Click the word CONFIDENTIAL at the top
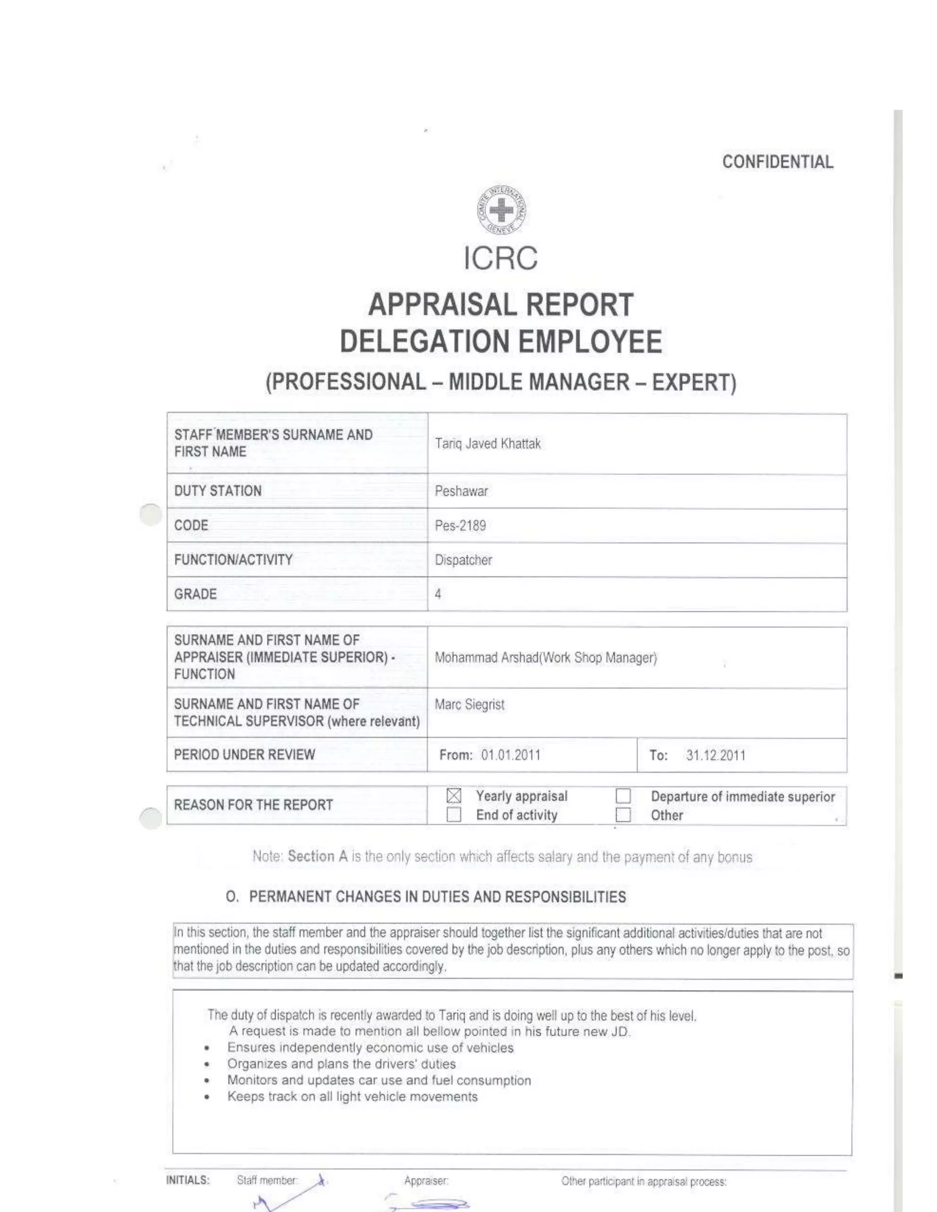(777, 162)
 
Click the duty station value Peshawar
(461, 491)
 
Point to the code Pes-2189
(460, 526)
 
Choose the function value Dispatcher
(463, 560)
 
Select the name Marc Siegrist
(469, 705)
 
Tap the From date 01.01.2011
(510, 755)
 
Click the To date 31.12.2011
(715, 755)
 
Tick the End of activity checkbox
(453, 815)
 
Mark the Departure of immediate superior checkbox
(623, 796)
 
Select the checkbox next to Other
(623, 815)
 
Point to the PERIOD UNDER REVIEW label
(244, 755)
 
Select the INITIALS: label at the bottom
(188, 1180)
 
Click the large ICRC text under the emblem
(501, 258)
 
